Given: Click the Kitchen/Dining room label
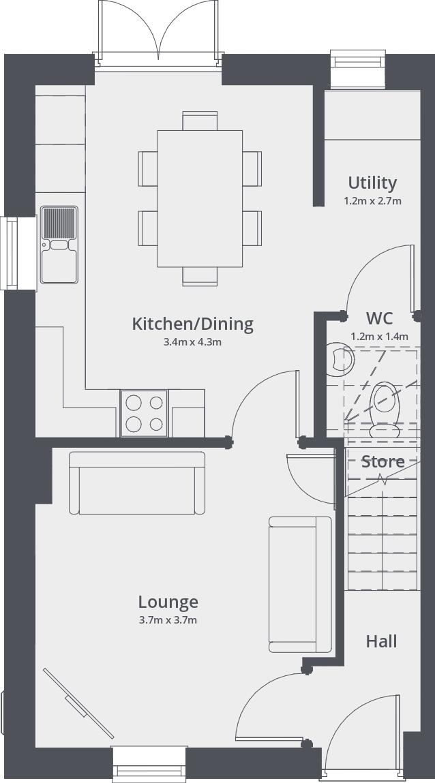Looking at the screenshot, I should pos(192,324).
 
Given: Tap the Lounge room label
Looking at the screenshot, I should pos(168,602).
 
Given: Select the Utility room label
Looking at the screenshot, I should pos(372,183).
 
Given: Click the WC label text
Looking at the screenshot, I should pos(379,318).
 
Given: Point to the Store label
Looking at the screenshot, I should pos(382,461).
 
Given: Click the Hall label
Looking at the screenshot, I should pos(381,641).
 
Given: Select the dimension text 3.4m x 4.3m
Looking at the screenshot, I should pos(192,342).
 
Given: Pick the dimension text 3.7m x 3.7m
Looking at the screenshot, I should pos(168,620).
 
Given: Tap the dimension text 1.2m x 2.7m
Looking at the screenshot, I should pos(372,201).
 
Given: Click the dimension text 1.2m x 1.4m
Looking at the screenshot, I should pos(379,336).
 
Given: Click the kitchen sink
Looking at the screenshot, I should pos(59,245).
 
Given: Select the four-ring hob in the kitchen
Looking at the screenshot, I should pos(144,413).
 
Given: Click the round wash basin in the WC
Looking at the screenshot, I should pos(340,360).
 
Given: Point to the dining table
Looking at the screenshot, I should pos(200,198).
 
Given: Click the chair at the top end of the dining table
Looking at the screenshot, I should pos(200,121).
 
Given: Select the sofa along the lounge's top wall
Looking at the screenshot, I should pos(136,482).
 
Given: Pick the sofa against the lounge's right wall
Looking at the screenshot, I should pos(300,584).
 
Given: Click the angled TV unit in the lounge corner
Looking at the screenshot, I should pos(78,703).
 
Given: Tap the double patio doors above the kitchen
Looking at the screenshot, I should pos(159,34).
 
